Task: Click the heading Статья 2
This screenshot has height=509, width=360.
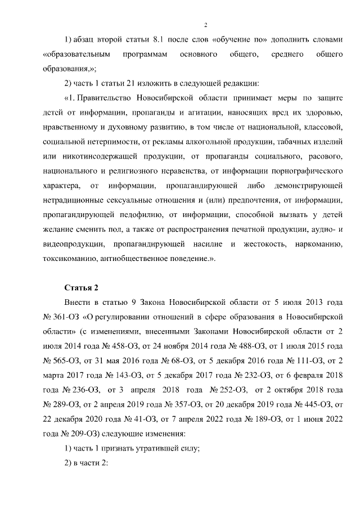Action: [x=82, y=288]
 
